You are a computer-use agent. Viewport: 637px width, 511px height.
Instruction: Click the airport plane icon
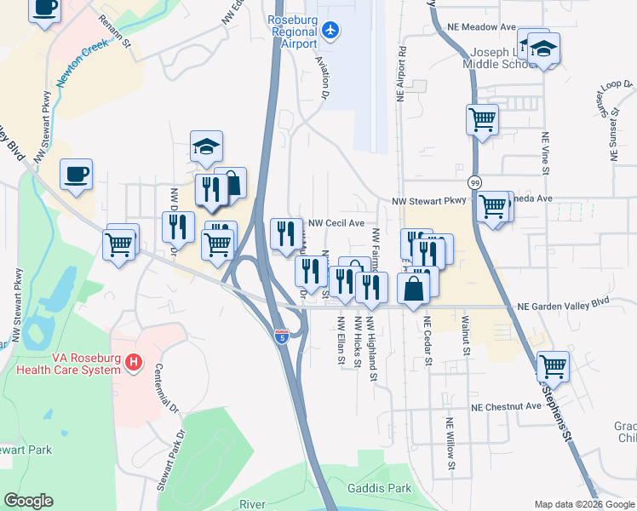[x=331, y=32]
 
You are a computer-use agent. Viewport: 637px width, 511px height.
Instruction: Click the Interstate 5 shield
[x=281, y=336]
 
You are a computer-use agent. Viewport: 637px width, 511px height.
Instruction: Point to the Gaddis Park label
[x=379, y=489]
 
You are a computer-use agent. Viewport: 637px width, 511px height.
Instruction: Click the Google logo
[x=28, y=501]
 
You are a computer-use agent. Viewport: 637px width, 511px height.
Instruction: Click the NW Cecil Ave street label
[x=336, y=222]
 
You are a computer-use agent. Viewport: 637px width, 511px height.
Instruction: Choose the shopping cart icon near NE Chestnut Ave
[x=554, y=367]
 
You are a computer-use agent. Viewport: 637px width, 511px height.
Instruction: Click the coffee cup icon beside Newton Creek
[x=76, y=175]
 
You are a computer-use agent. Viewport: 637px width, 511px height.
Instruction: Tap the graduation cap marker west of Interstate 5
[x=206, y=146]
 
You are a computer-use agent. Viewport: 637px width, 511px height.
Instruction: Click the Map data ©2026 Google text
[x=584, y=503]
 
